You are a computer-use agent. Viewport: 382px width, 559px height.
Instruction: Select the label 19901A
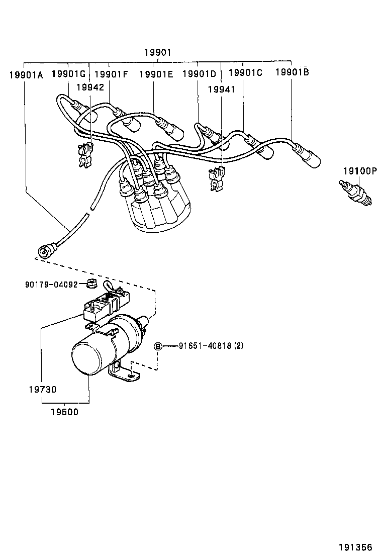(x=26, y=75)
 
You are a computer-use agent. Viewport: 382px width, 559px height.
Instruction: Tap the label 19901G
(x=69, y=73)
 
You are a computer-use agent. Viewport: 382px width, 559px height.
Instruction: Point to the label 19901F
(x=111, y=74)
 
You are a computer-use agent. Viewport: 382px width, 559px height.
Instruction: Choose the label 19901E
(x=156, y=74)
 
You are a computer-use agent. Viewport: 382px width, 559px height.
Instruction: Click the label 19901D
(x=199, y=74)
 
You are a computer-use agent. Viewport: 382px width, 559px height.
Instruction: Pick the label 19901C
(x=245, y=72)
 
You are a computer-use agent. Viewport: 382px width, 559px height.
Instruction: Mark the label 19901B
(x=292, y=72)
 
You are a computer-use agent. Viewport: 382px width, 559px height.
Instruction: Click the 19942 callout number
(x=90, y=87)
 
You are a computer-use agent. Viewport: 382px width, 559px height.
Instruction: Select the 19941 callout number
(x=222, y=89)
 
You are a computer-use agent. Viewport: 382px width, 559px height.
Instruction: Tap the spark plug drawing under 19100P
(x=357, y=194)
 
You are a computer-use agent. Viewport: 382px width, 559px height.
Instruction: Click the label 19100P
(x=359, y=171)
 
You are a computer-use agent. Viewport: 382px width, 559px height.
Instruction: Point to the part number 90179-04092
(x=51, y=284)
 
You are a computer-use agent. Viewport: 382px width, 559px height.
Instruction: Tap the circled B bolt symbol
(x=158, y=346)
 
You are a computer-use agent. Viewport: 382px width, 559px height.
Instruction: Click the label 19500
(x=64, y=412)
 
